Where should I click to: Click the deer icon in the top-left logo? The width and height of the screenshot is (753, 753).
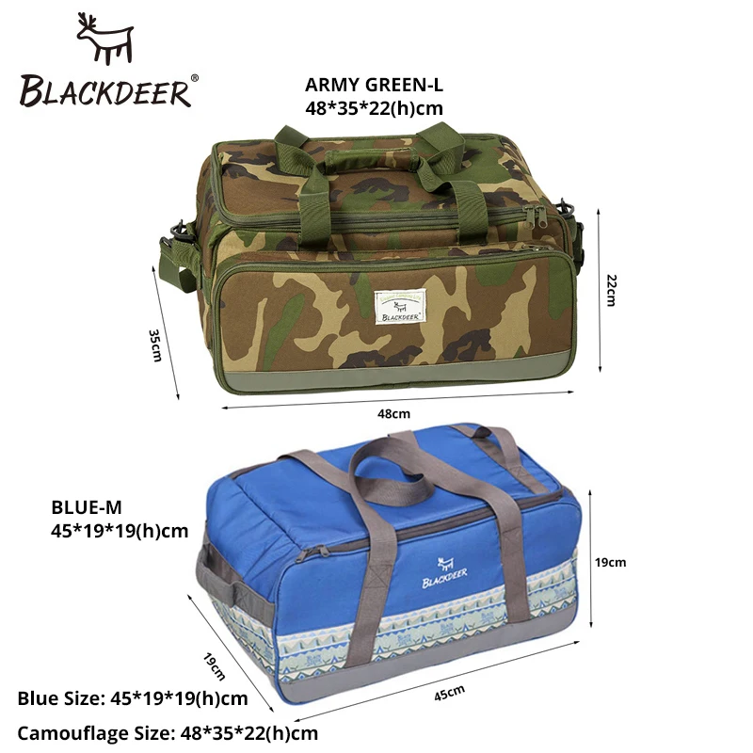point(105,40)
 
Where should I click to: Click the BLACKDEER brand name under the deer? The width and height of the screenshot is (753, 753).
point(106,90)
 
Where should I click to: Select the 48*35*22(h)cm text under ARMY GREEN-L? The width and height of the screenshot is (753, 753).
point(374,108)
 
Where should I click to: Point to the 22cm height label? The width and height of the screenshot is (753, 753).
point(610,291)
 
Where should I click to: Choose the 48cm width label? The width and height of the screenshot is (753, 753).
point(394,412)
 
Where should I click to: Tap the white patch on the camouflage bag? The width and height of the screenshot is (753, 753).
point(400,307)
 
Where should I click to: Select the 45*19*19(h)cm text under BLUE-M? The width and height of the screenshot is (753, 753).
point(120,531)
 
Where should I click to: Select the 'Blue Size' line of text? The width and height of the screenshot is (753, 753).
point(133,698)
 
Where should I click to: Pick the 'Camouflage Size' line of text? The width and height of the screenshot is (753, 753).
point(168,732)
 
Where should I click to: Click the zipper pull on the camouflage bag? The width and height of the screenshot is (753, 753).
point(538,219)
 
